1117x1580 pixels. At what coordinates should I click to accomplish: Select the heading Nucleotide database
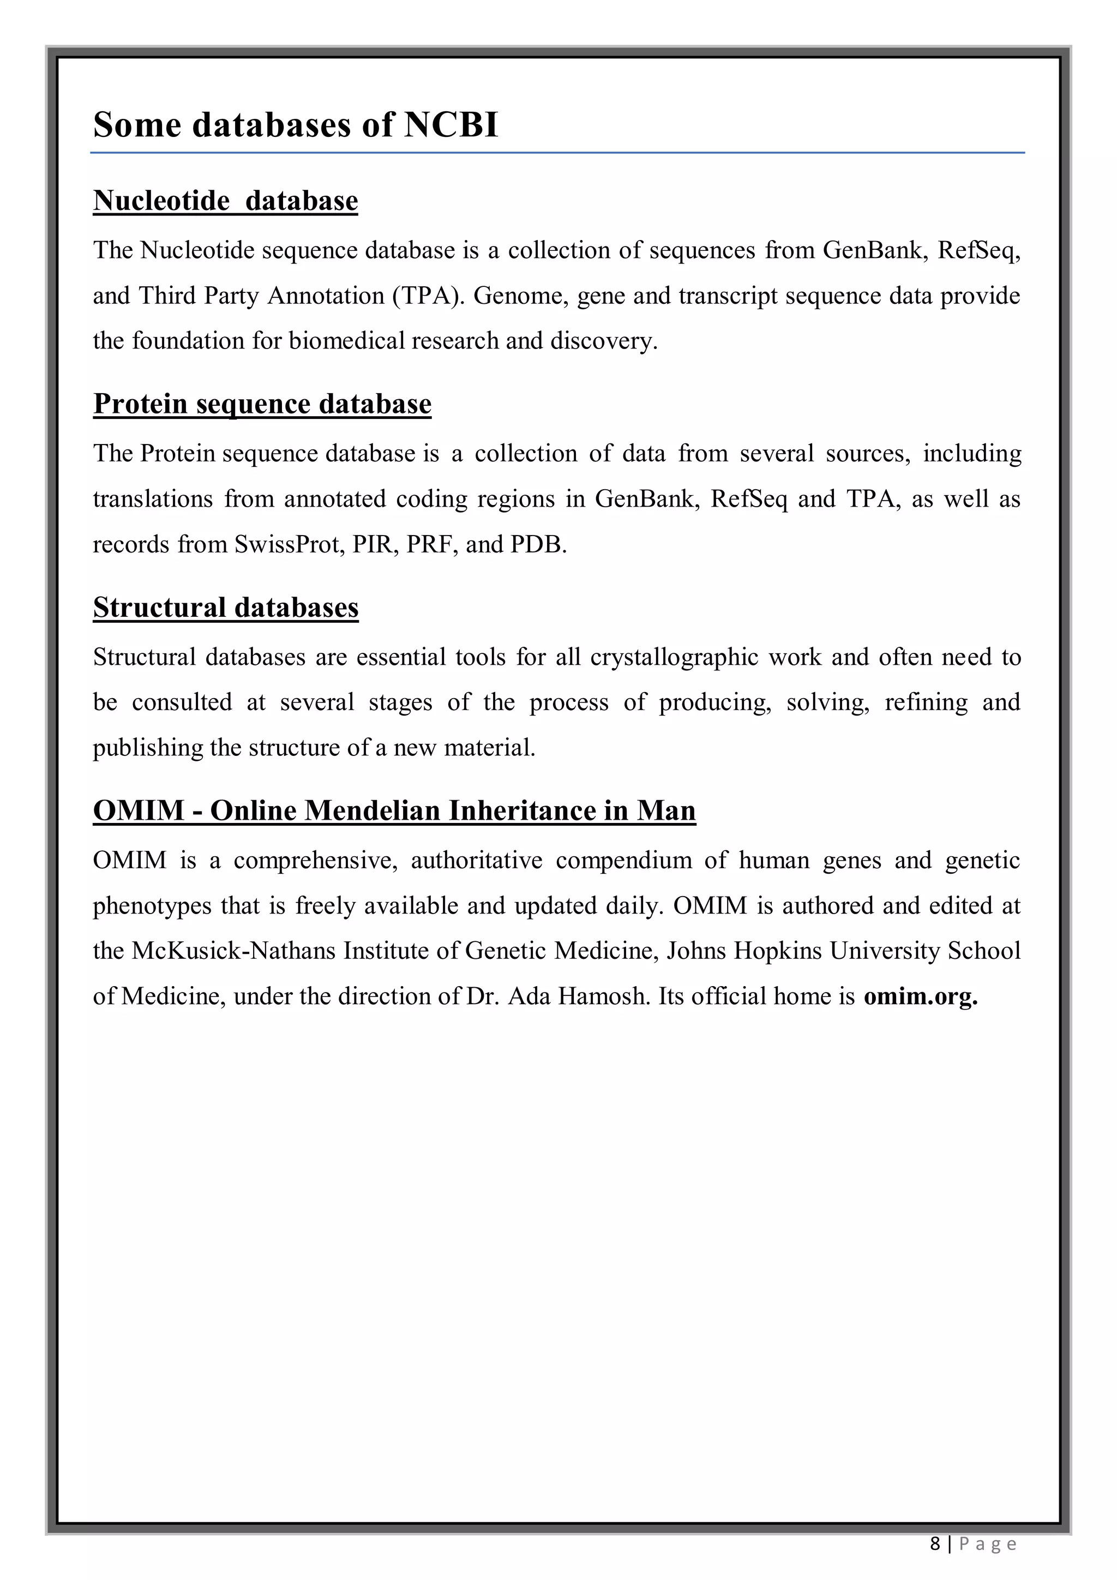coord(225,201)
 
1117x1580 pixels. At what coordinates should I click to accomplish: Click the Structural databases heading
coord(226,608)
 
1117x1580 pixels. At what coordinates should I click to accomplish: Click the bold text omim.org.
coord(920,996)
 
